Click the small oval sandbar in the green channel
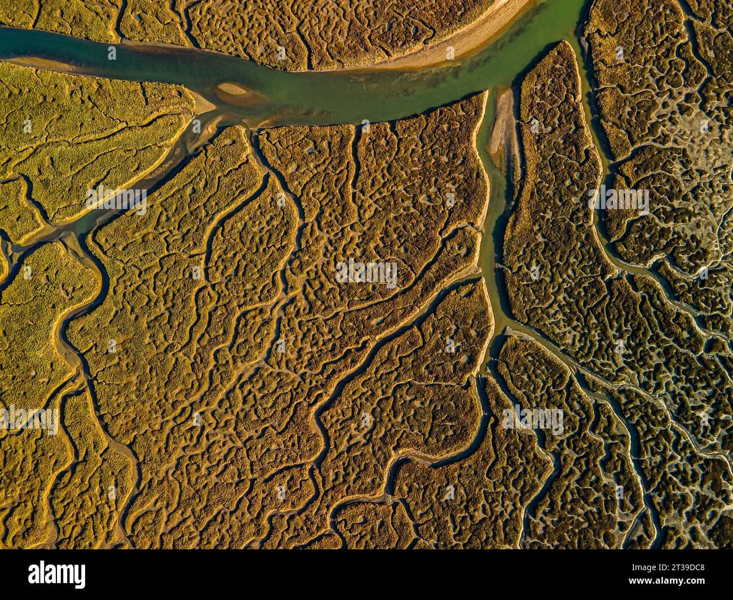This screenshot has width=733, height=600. [231, 89]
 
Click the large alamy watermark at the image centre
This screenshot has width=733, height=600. [366, 273]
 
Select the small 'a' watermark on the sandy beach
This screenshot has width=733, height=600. [449, 53]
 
